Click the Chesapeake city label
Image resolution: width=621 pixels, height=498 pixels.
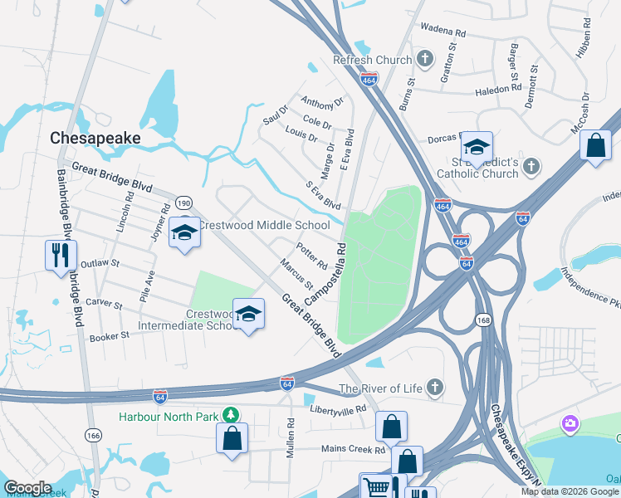click(95, 138)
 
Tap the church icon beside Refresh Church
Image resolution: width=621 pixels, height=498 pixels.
click(425, 59)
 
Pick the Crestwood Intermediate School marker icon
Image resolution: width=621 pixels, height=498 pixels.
click(247, 313)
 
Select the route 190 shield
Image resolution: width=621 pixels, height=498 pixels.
click(184, 203)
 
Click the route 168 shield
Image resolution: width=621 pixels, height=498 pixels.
click(482, 319)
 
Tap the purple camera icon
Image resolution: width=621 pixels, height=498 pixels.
click(570, 424)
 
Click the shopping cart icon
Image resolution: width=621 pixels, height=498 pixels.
click(374, 486)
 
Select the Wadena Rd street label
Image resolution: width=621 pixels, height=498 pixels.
click(444, 32)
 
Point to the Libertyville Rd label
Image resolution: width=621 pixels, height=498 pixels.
click(337, 410)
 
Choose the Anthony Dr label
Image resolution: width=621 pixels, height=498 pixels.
click(322, 103)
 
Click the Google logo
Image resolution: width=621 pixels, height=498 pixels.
click(27, 488)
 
